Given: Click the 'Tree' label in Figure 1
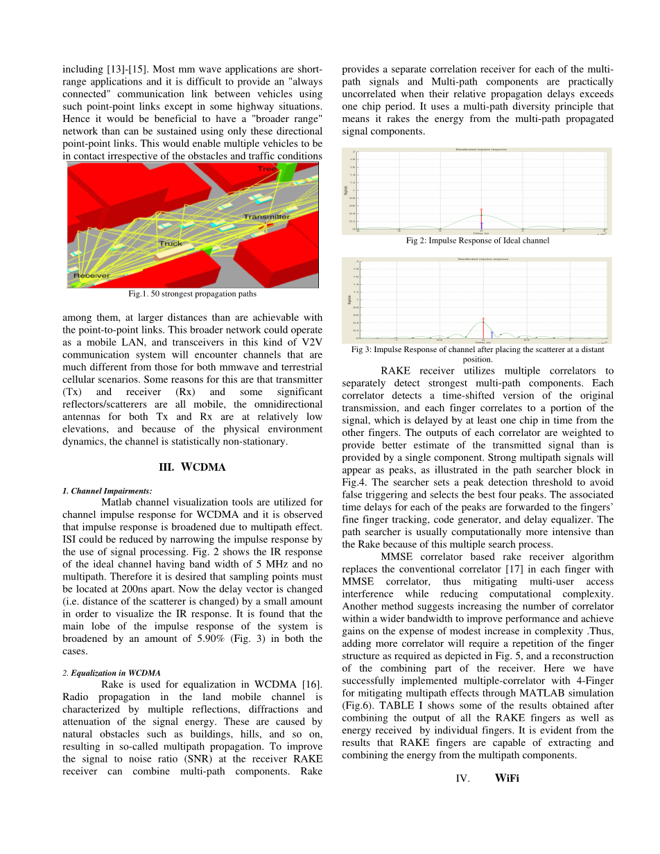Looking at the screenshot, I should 267,168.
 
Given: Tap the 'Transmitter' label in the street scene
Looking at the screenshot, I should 267,217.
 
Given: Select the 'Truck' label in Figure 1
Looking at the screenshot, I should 171,243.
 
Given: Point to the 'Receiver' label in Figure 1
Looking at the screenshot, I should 92,276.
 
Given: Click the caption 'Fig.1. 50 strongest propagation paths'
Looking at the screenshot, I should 193,294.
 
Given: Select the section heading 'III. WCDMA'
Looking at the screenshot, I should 192,467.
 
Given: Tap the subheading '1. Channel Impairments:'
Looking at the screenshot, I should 107,491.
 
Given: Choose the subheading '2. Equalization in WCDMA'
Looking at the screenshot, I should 112,672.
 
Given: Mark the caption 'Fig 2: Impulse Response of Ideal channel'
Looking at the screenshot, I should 477,241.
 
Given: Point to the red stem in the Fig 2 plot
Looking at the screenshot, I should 481,218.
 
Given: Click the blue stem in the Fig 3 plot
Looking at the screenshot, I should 491,334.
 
